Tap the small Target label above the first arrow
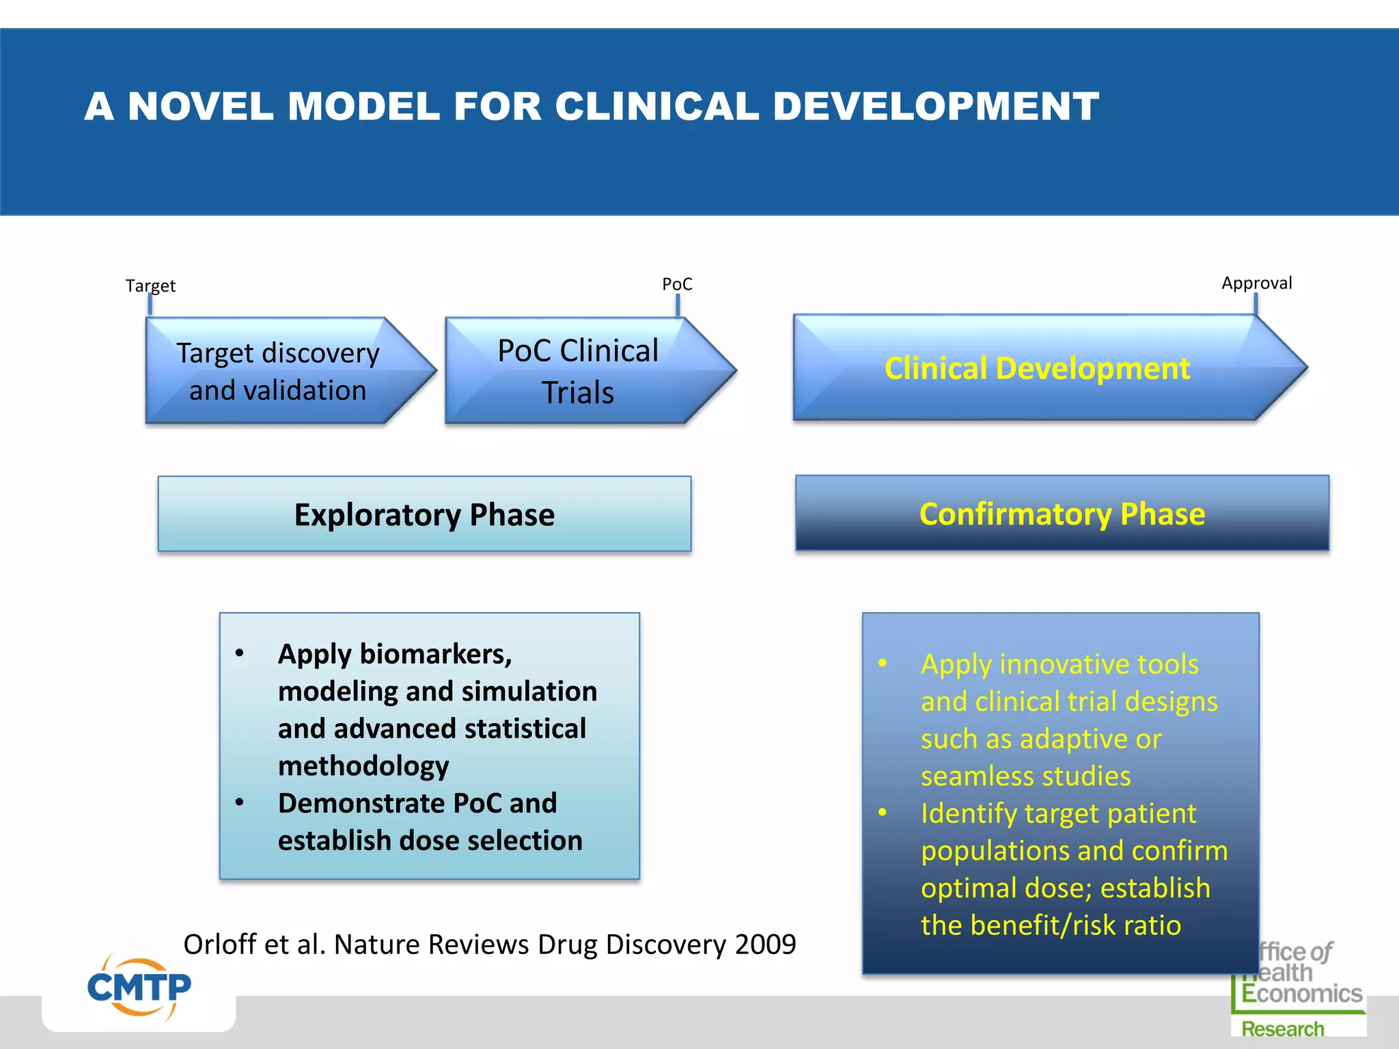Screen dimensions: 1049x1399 point(150,285)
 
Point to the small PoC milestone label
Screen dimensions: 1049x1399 point(677,284)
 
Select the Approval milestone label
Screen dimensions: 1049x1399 point(1256,283)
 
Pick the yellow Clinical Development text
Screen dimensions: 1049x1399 point(1037,369)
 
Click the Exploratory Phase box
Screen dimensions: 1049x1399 point(424,514)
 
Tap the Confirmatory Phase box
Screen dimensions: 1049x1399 point(1062,514)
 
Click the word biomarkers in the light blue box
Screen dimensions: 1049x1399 point(435,654)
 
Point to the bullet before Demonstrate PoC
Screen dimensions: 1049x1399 point(239,802)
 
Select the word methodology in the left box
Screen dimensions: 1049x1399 point(363,766)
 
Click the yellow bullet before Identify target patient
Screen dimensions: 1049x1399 point(883,813)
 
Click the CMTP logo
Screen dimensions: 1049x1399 point(139,988)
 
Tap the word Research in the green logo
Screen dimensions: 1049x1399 point(1282,1029)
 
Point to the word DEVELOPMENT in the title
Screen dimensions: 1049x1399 point(936,107)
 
